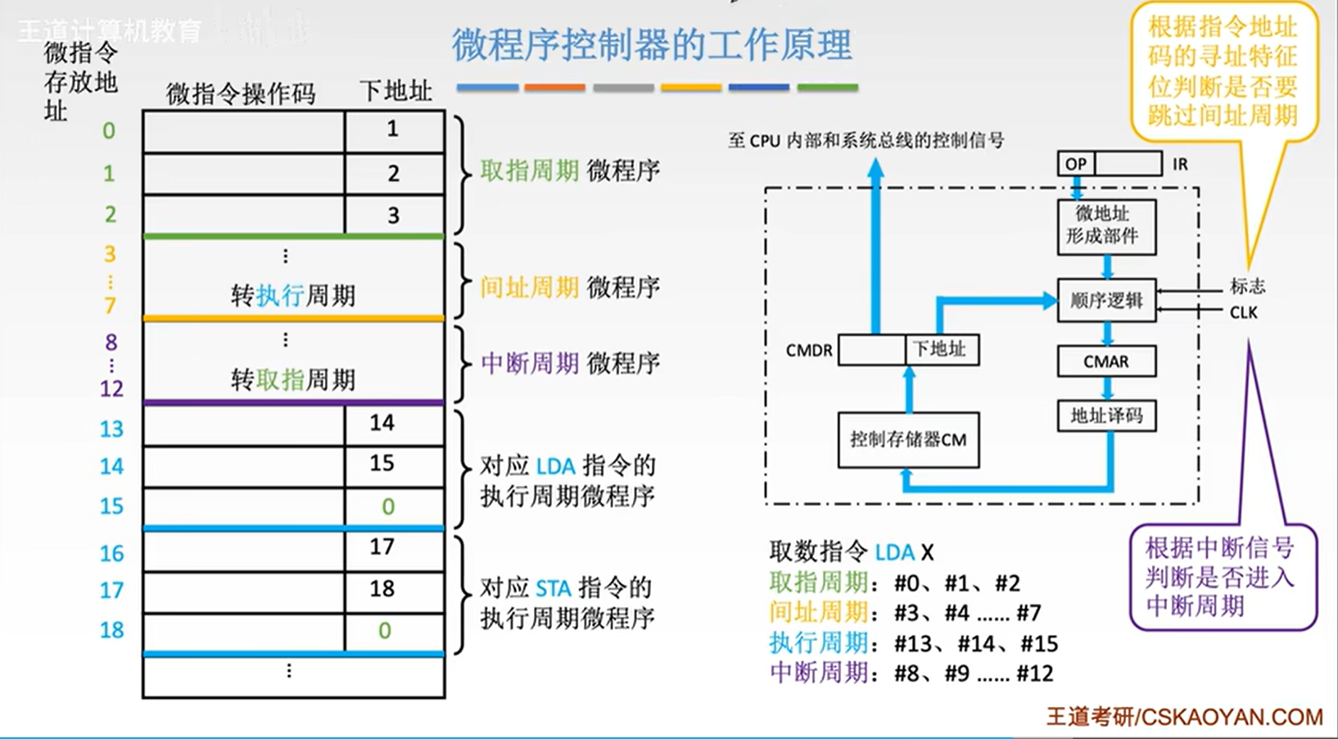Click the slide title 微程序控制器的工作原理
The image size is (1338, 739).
(x=652, y=44)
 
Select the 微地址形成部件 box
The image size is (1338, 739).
(x=1106, y=225)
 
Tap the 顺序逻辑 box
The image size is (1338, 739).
(x=1106, y=301)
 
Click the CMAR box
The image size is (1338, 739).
(x=1106, y=361)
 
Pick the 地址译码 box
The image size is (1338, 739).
(x=1106, y=415)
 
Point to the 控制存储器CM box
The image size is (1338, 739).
(x=908, y=440)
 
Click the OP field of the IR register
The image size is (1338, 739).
(x=1076, y=164)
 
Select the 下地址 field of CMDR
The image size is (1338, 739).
(x=940, y=350)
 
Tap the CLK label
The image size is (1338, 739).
(x=1243, y=313)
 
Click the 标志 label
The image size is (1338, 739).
(x=1247, y=286)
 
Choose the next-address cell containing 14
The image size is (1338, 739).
(x=382, y=423)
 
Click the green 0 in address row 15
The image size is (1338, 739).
(x=388, y=507)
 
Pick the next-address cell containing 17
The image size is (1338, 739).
(x=382, y=547)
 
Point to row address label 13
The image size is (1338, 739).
(x=111, y=428)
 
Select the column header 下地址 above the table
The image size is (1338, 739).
(x=396, y=91)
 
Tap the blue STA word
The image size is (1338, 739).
(x=554, y=588)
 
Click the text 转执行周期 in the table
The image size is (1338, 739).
(x=293, y=296)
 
